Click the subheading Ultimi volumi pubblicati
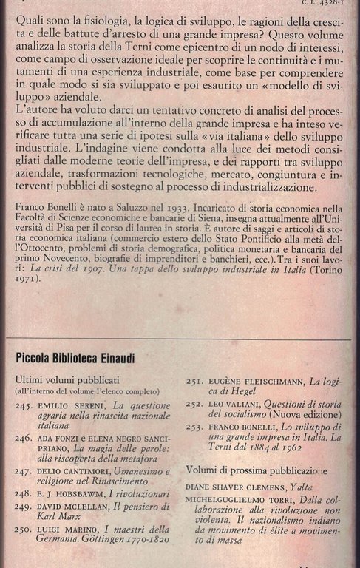pyautogui.click(x=63, y=379)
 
